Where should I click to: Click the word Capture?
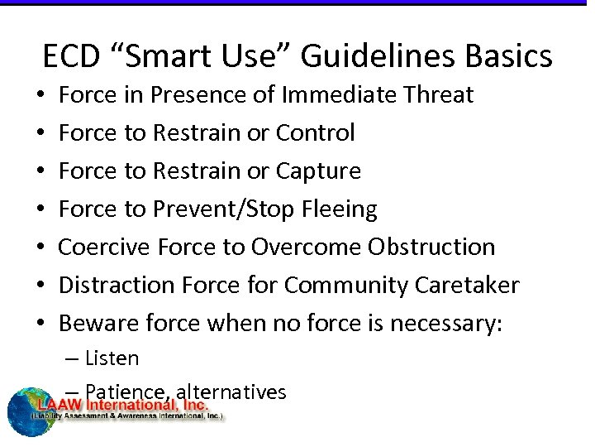tap(318, 171)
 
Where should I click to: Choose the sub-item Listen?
tap(112, 358)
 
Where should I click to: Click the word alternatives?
tap(241, 392)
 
